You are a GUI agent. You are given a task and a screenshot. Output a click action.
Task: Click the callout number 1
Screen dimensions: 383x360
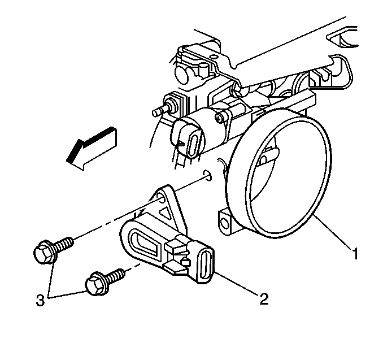[355, 253]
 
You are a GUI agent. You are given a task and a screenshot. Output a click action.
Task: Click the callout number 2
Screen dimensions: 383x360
[264, 298]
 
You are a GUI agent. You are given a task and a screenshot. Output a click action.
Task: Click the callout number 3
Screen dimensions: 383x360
[41, 300]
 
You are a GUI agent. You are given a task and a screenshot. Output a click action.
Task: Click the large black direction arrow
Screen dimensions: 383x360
[92, 148]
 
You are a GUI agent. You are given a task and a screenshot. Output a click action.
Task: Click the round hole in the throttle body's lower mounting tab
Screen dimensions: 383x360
[223, 223]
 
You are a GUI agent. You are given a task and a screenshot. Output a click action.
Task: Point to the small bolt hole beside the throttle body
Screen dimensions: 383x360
[207, 175]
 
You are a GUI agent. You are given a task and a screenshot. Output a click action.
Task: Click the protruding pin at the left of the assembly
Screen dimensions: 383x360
[158, 111]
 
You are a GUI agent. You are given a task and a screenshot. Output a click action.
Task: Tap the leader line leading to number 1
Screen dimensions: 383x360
[333, 232]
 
